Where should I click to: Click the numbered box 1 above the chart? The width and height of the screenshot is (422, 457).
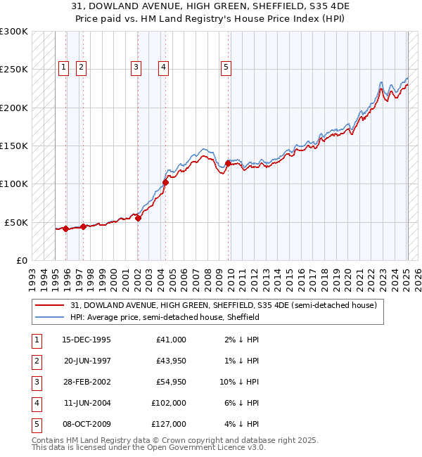click(63, 67)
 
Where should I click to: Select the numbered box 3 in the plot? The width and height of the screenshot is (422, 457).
click(136, 67)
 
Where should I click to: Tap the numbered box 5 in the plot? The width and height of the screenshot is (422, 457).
click(226, 67)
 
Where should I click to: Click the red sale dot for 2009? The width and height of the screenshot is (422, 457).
click(228, 163)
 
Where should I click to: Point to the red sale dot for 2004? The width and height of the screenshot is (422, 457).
click(165, 182)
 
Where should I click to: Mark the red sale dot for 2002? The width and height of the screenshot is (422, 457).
click(139, 218)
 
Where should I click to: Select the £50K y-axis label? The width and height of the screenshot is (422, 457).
click(16, 222)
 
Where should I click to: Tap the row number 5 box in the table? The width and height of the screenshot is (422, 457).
click(35, 424)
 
